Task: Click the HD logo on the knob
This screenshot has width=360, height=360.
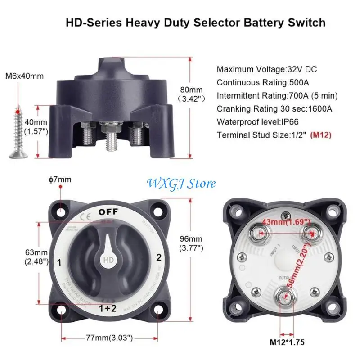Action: pyautogui.click(x=108, y=261)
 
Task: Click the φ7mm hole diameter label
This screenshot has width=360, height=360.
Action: pyautogui.click(x=60, y=180)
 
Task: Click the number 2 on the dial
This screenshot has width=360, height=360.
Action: pyautogui.click(x=158, y=258)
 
